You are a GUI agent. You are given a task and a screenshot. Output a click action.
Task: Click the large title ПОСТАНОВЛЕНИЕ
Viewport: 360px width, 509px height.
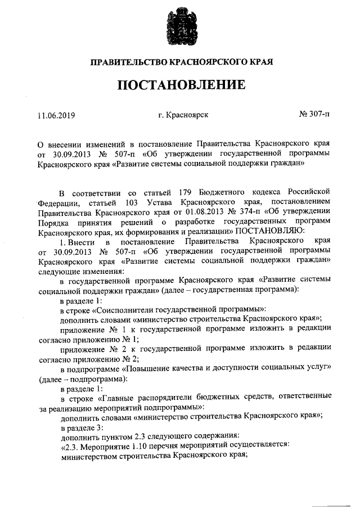pos(181,85)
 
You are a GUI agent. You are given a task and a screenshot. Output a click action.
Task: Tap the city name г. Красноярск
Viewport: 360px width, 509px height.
pos(183,115)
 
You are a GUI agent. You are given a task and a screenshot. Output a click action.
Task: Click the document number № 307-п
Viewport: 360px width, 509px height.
pos(314,115)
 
